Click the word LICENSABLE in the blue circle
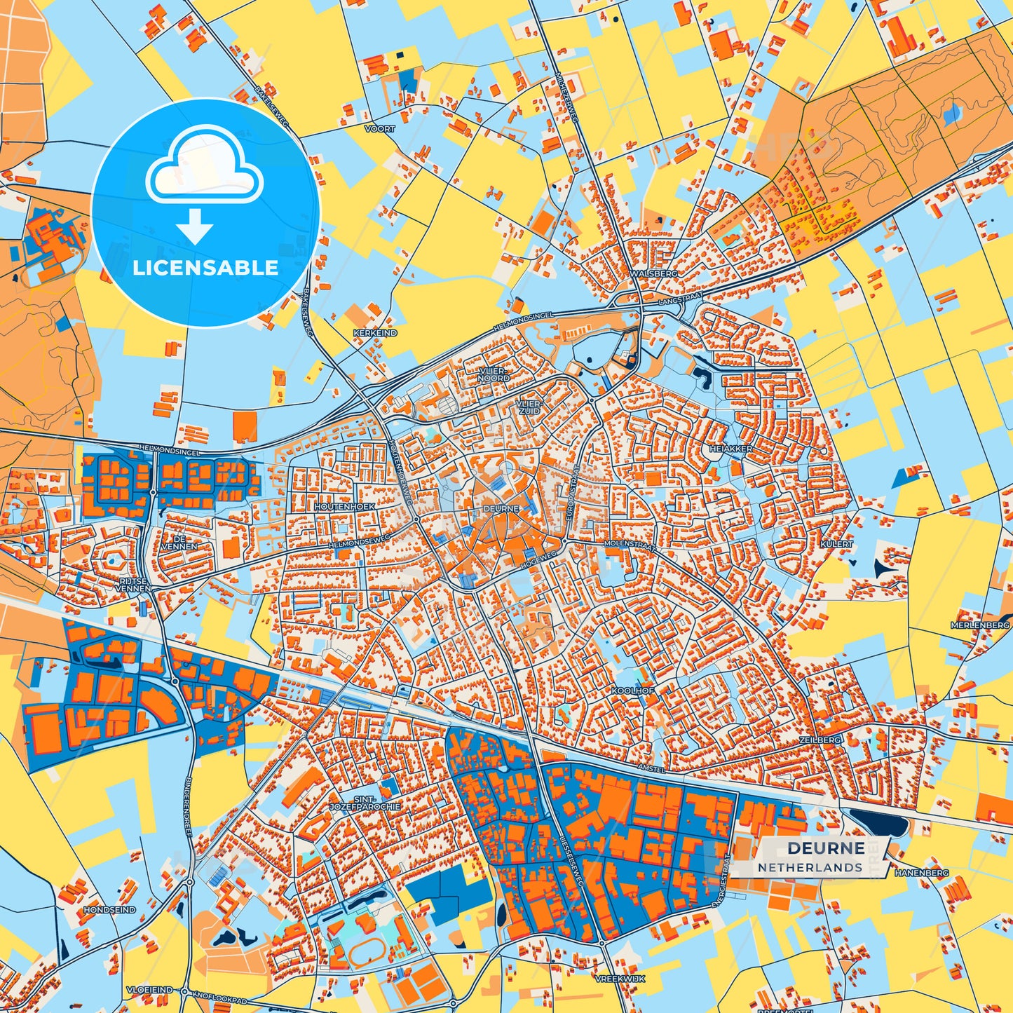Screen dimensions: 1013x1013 pyautogui.click(x=205, y=268)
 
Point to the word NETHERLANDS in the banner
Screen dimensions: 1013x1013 pyautogui.click(x=810, y=867)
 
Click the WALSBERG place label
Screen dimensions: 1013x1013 pyautogui.click(x=653, y=273)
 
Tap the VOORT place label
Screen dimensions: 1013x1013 pyautogui.click(x=380, y=129)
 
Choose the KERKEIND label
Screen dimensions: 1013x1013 pyautogui.click(x=375, y=333)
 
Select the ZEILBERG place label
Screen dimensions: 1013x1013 pyautogui.click(x=819, y=740)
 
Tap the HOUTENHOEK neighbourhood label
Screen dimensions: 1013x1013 pyautogui.click(x=344, y=505)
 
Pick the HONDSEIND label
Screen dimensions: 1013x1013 pyautogui.click(x=109, y=909)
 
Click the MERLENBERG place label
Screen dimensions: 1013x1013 pyautogui.click(x=980, y=625)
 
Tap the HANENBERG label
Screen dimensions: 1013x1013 pyautogui.click(x=921, y=873)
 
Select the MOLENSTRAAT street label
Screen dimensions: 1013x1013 pyautogui.click(x=628, y=544)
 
